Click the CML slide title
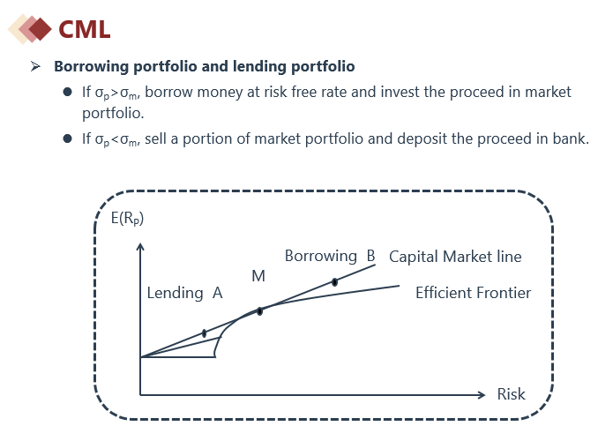[84, 29]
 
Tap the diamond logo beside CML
[30, 29]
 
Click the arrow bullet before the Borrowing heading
[35, 66]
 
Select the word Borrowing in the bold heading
[91, 67]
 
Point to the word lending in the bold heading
[259, 66]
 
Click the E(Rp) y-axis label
[127, 218]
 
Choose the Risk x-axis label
[511, 394]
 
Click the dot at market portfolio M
[260, 311]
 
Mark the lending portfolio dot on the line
[204, 333]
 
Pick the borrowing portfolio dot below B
[334, 282]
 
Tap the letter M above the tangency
[258, 276]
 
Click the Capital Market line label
[455, 257]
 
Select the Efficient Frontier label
[473, 293]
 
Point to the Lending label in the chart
[175, 293]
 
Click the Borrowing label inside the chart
[320, 257]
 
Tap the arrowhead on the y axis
[140, 246]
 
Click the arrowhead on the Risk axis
[482, 395]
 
